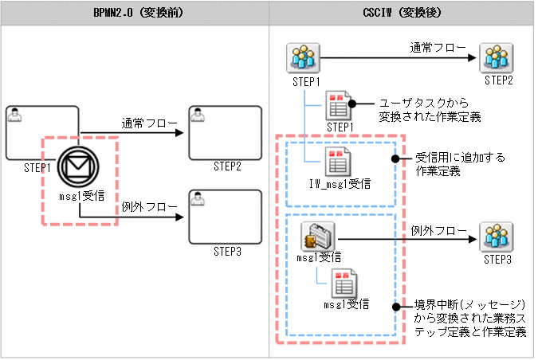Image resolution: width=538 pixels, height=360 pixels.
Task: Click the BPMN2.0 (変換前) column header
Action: point(134,13)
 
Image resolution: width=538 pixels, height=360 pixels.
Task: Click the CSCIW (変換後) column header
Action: point(403,13)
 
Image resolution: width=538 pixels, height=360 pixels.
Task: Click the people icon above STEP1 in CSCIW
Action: point(302,57)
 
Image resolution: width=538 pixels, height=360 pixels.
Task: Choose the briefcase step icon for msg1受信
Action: point(318,236)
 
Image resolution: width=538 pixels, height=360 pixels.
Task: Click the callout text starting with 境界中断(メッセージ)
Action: point(470,319)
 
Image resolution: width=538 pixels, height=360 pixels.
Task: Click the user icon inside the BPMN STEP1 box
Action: point(14,115)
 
